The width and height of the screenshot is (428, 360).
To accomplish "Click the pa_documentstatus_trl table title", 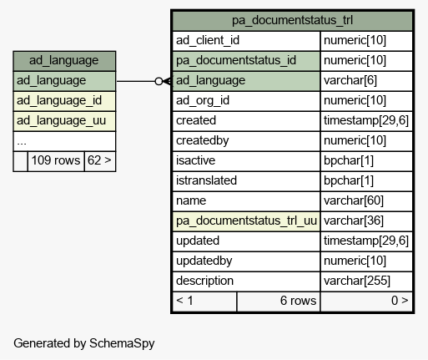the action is click(x=292, y=21).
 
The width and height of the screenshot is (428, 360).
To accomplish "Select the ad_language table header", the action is click(x=64, y=61).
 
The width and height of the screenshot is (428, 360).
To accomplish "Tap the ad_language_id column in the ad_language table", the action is click(x=64, y=101).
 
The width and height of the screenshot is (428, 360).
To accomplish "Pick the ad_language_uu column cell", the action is click(x=64, y=121).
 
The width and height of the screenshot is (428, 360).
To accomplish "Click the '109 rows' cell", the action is click(x=56, y=161).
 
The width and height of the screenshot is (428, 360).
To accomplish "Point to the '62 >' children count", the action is click(x=99, y=161).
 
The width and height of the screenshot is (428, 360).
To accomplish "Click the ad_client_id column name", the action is click(x=246, y=41).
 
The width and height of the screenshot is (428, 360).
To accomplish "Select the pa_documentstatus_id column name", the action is click(x=246, y=61).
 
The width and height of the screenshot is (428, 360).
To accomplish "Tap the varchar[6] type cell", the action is click(x=366, y=81).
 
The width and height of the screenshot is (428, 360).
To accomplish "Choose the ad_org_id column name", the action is click(x=246, y=101).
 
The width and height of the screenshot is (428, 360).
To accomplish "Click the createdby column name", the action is click(x=246, y=141).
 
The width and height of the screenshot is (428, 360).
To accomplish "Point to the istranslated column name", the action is click(x=246, y=181).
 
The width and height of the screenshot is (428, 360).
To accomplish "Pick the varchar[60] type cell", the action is click(x=366, y=201).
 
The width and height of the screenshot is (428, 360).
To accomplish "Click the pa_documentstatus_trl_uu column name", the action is click(x=246, y=221).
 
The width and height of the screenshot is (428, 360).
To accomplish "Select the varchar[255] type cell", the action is click(x=366, y=281).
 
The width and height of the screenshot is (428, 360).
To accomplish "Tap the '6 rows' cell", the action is click(x=279, y=302).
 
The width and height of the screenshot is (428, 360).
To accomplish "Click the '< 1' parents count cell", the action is click(x=204, y=302).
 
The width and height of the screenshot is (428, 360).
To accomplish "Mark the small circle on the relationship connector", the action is click(x=159, y=81).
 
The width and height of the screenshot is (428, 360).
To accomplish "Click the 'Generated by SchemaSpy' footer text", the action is click(x=84, y=343).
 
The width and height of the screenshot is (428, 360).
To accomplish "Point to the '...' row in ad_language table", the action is click(x=64, y=141).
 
